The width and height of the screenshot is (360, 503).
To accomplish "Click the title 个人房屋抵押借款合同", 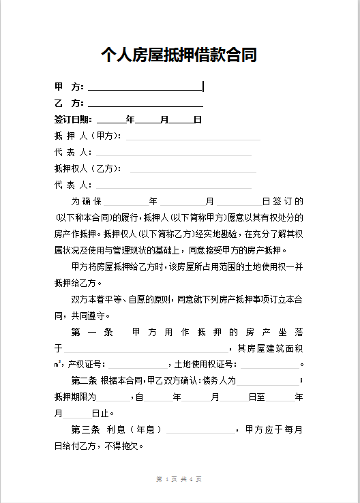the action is point(179,55).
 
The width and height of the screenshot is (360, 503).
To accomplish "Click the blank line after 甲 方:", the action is point(145,87).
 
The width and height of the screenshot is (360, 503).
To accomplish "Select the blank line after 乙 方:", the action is point(145,104).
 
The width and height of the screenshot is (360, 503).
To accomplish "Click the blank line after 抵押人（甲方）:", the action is point(193,136).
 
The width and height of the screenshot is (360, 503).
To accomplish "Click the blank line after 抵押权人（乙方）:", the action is point(193,169).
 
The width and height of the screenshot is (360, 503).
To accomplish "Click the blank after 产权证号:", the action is point(136,365).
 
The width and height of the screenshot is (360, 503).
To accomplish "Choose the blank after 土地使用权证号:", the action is point(268,365).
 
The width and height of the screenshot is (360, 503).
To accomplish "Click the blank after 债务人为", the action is point(268,381).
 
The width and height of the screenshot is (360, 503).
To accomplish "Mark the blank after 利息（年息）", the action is point(200,430).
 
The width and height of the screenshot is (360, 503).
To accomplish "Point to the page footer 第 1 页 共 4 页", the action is point(179,479).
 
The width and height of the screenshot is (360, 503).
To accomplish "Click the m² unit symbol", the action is point(58,364).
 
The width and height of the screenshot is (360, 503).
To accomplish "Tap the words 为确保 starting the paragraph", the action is point(87,202).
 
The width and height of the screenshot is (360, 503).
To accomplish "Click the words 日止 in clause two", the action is point(100,413).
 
